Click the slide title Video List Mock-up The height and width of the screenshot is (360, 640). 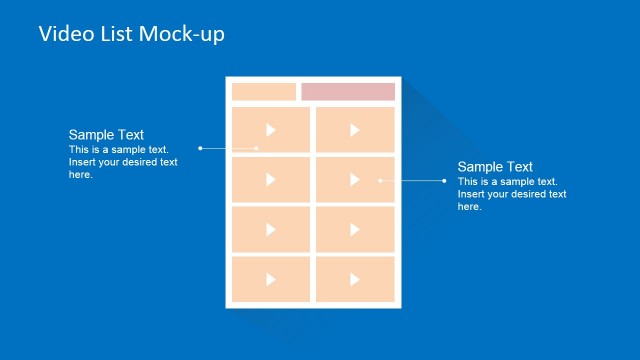coord(132,34)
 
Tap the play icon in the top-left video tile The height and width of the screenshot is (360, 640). coord(271,129)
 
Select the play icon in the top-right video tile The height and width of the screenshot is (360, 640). coord(355,129)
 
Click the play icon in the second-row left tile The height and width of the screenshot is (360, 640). coord(271,179)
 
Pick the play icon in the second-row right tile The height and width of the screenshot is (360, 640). coord(355,179)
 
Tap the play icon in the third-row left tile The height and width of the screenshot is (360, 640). coord(271,229)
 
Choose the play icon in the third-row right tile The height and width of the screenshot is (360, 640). coord(355,229)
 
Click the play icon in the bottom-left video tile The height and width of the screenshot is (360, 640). coord(271,279)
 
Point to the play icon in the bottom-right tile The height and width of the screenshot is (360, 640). coord(355,279)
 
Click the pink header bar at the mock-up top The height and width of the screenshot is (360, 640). coord(348,92)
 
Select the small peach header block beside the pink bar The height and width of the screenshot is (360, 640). coord(264,92)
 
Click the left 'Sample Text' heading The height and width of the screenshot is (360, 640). coord(106,135)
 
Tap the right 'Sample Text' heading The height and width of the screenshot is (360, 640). coord(495,167)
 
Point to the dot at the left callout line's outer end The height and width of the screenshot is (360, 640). coord(200,148)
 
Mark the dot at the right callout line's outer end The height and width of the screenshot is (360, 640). coord(444,181)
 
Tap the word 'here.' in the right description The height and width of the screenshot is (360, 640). coord(470,207)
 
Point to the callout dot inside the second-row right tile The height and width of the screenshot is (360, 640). coord(380,181)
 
